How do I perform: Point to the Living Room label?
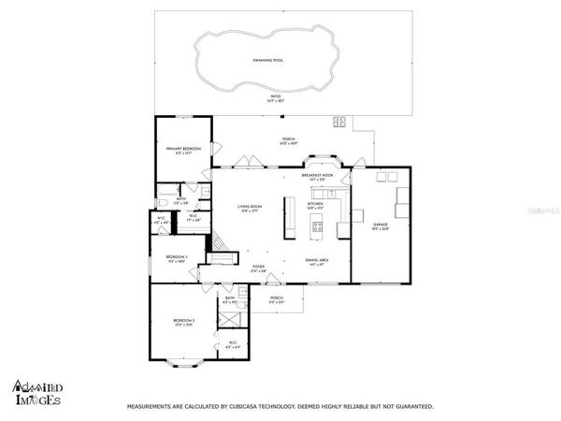point(250,208)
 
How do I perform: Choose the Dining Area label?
point(315,262)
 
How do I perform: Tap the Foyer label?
point(258,267)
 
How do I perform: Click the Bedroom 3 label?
point(183,322)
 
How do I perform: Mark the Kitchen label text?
point(316,204)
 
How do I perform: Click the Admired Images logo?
point(37,394)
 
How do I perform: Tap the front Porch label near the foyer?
point(277,300)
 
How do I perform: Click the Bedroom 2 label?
point(177,257)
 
